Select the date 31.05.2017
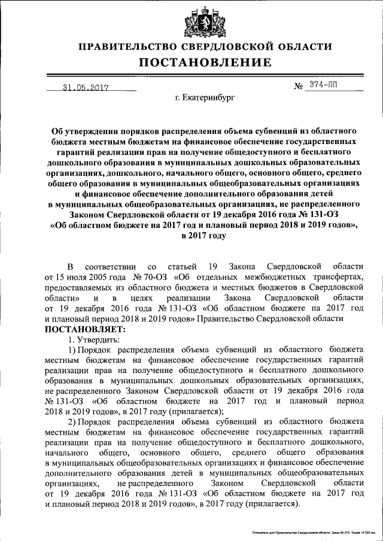[x=85, y=87]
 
